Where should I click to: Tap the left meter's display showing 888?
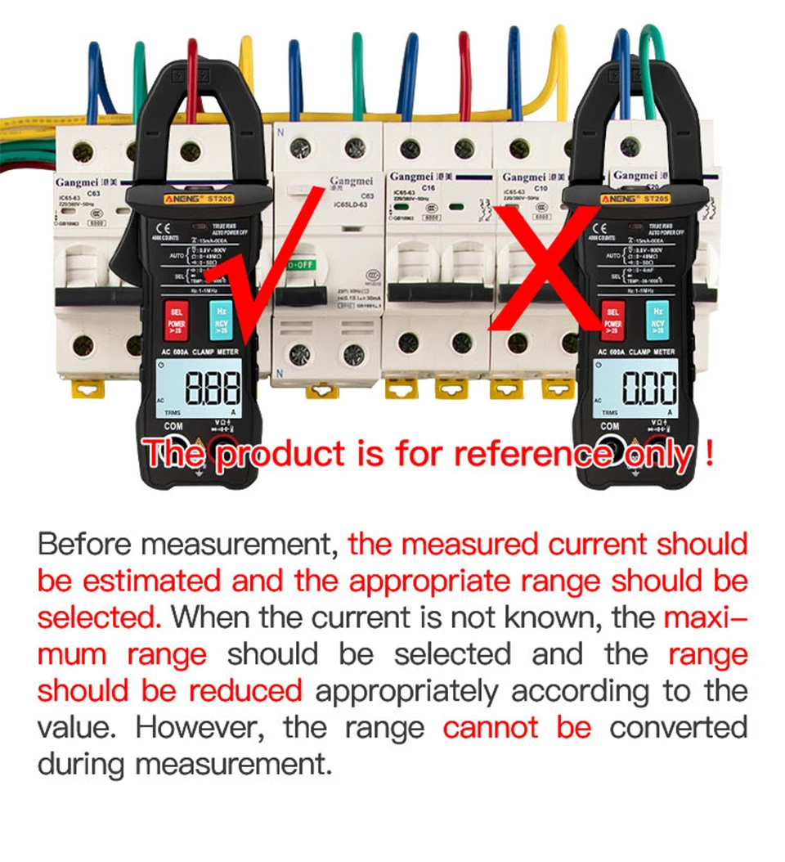(x=215, y=389)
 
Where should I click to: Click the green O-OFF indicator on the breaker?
(x=300, y=267)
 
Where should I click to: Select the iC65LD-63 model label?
(x=351, y=204)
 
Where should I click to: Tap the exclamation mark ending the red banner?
(x=708, y=452)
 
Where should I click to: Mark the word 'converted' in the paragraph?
(x=678, y=727)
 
